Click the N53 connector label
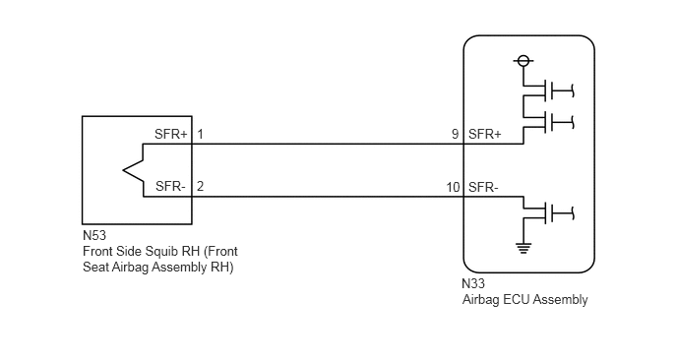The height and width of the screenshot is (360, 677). pos(94,236)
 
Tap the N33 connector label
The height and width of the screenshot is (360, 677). pos(473,283)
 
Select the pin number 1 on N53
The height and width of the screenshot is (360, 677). pos(200,134)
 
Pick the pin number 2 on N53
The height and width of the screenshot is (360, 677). pos(200,187)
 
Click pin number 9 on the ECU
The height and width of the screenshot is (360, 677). pos(455,134)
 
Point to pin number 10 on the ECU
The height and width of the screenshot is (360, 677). pos(453,187)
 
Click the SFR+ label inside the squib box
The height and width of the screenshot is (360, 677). pos(171,134)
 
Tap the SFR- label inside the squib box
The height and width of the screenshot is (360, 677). pos(170,187)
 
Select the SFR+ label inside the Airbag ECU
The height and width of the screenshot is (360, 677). pos(485,134)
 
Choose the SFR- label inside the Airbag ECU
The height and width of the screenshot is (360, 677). pos(483,187)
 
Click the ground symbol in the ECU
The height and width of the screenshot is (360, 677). pos(523,248)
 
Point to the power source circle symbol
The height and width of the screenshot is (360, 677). pos(523,61)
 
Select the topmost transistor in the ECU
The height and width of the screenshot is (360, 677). pos(548,90)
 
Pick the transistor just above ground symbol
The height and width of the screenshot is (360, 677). pos(548,212)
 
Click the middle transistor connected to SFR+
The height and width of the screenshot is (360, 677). pos(548,123)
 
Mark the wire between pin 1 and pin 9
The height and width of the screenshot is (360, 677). pos(328,144)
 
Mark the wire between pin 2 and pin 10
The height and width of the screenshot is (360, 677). pos(328,197)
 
